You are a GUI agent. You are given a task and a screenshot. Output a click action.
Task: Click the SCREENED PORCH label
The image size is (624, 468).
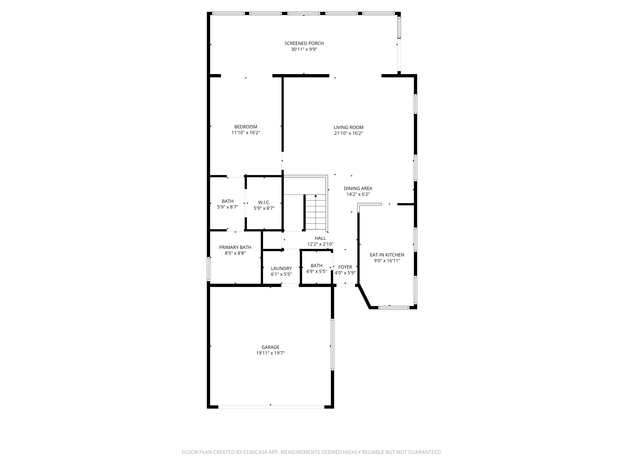(304, 43)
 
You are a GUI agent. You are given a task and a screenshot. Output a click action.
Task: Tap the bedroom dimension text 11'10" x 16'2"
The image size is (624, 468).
(246, 132)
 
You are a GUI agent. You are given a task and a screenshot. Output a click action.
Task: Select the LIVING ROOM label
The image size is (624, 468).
(348, 128)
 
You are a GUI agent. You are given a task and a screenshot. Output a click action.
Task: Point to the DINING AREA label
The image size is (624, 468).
(358, 188)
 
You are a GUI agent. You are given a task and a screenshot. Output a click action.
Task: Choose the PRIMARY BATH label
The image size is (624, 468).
(235, 247)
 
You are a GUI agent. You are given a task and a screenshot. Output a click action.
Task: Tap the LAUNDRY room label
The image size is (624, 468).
(281, 269)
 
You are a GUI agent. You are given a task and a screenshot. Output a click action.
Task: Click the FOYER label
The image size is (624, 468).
(345, 267)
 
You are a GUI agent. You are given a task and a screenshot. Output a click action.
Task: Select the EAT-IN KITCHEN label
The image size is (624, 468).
(387, 255)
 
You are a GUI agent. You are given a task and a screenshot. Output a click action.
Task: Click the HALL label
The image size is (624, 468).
(320, 238)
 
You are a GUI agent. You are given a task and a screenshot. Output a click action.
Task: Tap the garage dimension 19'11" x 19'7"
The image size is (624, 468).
(270, 353)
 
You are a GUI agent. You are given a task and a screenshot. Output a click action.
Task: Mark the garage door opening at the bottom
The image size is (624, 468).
(271, 407)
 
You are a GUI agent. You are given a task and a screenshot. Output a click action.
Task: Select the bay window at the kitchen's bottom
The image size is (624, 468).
(394, 307)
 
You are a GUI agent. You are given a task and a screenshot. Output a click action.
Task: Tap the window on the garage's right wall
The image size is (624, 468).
(332, 344)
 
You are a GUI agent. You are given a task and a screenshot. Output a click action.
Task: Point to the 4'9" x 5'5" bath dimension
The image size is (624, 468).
(317, 272)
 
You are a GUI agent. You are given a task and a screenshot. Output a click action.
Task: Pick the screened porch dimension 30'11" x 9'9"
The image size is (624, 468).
(304, 49)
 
